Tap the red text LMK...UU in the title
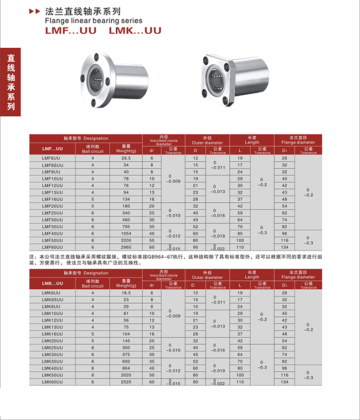(x=135, y=30)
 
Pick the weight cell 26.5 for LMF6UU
(x=126, y=158)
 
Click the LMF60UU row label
(x=53, y=247)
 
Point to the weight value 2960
(x=126, y=247)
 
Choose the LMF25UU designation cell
(x=53, y=213)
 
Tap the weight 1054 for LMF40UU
(x=126, y=233)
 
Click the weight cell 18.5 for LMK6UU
(x=126, y=293)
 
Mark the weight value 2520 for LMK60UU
(x=126, y=382)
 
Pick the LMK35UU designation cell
(x=53, y=361)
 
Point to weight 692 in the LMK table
(x=126, y=361)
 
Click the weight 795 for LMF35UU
(x=126, y=227)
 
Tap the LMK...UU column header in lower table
(x=53, y=283)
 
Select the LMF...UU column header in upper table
(x=53, y=149)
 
